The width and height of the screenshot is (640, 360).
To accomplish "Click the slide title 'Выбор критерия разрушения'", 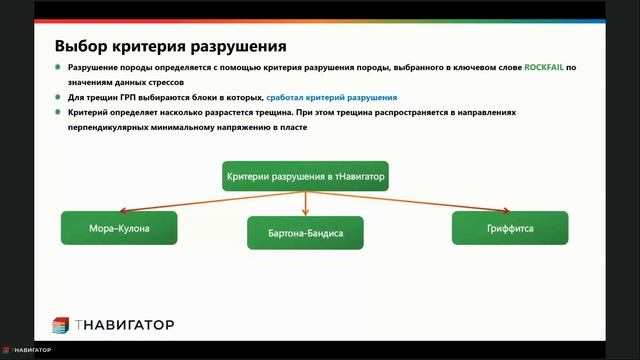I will (171, 46).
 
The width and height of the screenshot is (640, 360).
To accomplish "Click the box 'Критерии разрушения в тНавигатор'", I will (305, 177).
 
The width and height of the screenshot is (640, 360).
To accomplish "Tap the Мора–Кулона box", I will (119, 228).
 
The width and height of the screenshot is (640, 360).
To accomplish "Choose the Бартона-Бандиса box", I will (305, 233).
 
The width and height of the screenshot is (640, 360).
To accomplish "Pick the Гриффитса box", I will (510, 228).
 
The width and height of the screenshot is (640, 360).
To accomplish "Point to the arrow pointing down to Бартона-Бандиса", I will (305, 204).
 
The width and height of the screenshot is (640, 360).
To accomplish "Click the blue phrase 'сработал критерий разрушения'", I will (332, 98).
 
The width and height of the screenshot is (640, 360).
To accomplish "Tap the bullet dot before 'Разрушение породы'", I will (58, 68).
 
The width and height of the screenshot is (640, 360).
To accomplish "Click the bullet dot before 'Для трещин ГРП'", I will (58, 98).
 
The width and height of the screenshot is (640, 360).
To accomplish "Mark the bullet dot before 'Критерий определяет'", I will (58, 114).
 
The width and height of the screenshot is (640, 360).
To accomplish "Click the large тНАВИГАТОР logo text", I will (125, 325).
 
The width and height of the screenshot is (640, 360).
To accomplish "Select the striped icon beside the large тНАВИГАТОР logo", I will (61, 325).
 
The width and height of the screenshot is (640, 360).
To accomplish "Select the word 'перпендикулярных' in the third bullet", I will (106, 128).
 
